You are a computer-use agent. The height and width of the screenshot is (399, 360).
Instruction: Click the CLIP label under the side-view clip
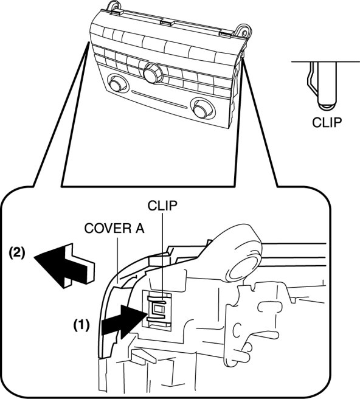(x=327, y=122)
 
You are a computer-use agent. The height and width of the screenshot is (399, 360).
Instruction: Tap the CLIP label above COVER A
(x=162, y=206)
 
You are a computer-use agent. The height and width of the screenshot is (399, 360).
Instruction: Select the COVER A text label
(x=114, y=229)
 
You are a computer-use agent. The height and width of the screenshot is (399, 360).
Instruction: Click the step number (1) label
(x=81, y=325)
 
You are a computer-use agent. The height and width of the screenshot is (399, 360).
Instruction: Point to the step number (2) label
(x=17, y=254)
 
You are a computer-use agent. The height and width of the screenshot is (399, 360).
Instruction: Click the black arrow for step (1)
(x=124, y=322)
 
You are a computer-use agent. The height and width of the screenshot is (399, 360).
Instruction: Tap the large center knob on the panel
(x=153, y=73)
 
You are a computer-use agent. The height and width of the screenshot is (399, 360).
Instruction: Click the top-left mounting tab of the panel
(x=114, y=6)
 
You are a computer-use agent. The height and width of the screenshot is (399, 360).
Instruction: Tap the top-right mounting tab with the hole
(x=243, y=32)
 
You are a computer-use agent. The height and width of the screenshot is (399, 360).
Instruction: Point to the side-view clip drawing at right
(x=322, y=86)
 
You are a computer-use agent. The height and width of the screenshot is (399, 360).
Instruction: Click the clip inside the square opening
(x=158, y=308)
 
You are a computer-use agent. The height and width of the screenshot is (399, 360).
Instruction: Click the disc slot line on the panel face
(x=159, y=100)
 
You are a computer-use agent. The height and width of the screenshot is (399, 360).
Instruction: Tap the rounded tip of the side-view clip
(x=327, y=106)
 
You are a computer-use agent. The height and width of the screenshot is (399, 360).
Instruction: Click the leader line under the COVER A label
(x=117, y=260)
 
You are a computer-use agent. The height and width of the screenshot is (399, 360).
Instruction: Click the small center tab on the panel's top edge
(x=167, y=23)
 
